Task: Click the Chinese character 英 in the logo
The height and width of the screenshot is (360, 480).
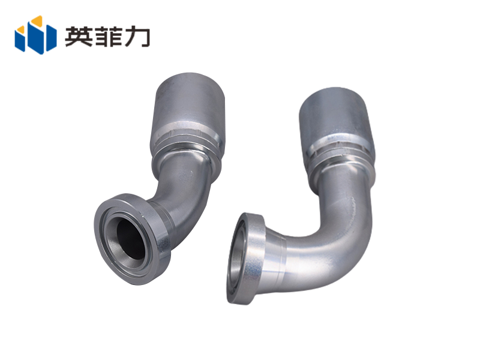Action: [x=79, y=36]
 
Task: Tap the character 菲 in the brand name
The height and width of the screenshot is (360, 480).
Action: [x=107, y=36]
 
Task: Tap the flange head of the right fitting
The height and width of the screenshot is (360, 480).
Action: [x=245, y=259]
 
